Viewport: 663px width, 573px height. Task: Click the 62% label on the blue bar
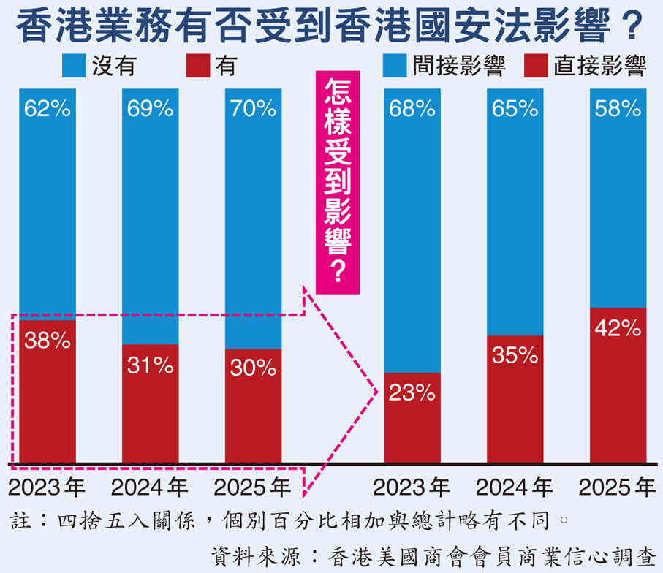click(x=47, y=110)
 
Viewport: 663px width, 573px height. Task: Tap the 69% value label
click(x=150, y=110)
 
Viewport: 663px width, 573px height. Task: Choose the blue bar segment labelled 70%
click(x=253, y=219)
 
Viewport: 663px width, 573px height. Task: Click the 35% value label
click(x=515, y=356)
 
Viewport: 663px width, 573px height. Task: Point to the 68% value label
click(x=412, y=110)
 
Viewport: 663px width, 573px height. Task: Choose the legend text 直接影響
click(x=599, y=67)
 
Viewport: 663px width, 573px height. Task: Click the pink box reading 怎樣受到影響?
click(x=337, y=183)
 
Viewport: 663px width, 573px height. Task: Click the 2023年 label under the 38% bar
click(x=47, y=487)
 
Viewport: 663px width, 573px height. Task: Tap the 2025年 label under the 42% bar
click(x=618, y=487)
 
